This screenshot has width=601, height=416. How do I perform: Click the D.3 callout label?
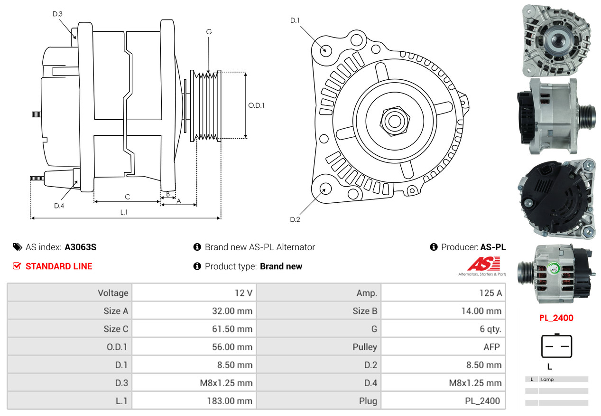[x=57, y=14]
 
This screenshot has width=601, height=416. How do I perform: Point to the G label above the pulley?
[x=209, y=32]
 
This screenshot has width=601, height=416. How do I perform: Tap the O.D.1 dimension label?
[x=257, y=105]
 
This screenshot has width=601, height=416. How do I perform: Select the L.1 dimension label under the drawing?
[x=124, y=212]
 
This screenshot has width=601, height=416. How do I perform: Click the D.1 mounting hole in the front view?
[x=325, y=50]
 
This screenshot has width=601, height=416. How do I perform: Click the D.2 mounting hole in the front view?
[x=325, y=189]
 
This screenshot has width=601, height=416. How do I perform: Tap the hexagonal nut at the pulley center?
[x=394, y=121]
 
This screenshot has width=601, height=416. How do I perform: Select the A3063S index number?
[x=81, y=247]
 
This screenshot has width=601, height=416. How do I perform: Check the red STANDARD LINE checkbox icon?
[x=17, y=266]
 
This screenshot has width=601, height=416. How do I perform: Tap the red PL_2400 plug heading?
[x=556, y=318]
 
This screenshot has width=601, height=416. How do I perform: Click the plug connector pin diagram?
[x=556, y=346]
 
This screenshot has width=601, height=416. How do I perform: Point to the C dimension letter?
[x=127, y=197]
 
